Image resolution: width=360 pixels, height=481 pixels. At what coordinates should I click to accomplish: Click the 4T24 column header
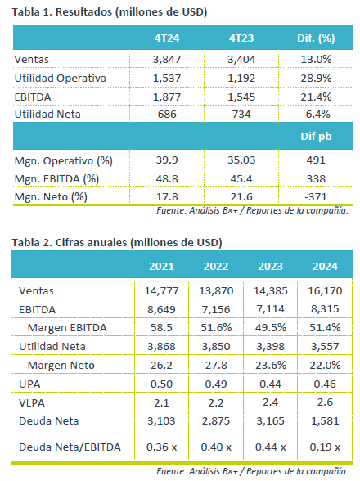point(167,38)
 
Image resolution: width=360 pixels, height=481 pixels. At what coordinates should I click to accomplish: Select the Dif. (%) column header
point(316,38)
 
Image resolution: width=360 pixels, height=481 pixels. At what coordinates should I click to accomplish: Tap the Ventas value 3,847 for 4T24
point(167,59)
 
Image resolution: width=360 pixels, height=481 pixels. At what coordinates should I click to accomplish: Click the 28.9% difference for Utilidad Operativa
point(316,78)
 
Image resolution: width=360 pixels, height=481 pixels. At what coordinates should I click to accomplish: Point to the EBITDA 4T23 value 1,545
point(241,97)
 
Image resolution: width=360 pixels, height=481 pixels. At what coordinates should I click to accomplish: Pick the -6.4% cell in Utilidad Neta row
point(316,115)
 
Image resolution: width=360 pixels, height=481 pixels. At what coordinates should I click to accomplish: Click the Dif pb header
point(316,136)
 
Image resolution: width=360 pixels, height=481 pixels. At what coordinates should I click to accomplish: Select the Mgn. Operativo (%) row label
point(64,160)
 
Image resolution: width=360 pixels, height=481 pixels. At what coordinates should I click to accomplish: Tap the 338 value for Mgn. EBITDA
point(316,179)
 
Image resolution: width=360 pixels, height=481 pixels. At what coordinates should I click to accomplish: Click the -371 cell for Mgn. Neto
point(316,196)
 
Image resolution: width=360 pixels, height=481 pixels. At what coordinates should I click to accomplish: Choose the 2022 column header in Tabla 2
point(216,267)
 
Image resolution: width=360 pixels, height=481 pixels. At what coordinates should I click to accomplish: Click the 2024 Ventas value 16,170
point(325,291)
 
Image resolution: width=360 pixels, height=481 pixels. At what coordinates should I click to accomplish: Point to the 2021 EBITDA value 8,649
point(161,309)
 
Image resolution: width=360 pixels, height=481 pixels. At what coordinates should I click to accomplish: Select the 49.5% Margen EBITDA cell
point(271,327)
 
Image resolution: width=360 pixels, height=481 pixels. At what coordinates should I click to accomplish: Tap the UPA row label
point(29,384)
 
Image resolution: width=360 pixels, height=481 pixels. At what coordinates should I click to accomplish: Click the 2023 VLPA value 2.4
point(270,402)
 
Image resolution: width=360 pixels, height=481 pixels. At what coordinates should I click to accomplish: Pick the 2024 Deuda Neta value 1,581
point(325,420)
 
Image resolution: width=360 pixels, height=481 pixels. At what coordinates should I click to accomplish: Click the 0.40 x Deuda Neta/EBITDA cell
point(216,447)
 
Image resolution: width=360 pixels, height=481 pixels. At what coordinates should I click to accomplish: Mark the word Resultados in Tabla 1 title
point(83,12)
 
